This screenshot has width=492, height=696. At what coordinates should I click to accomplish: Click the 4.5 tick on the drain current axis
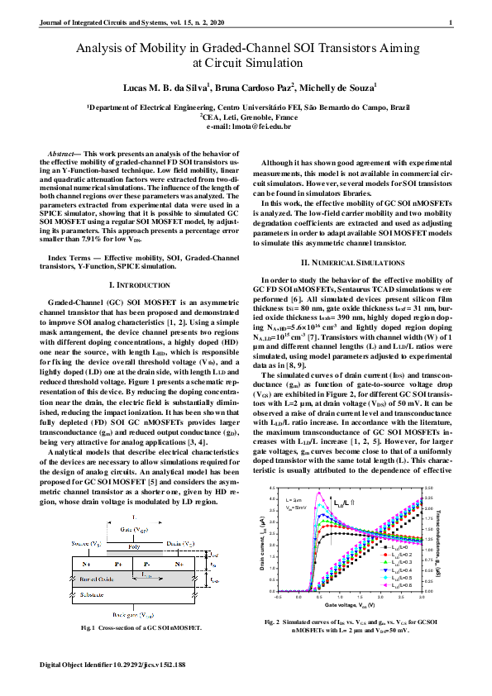coord(275,489)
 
